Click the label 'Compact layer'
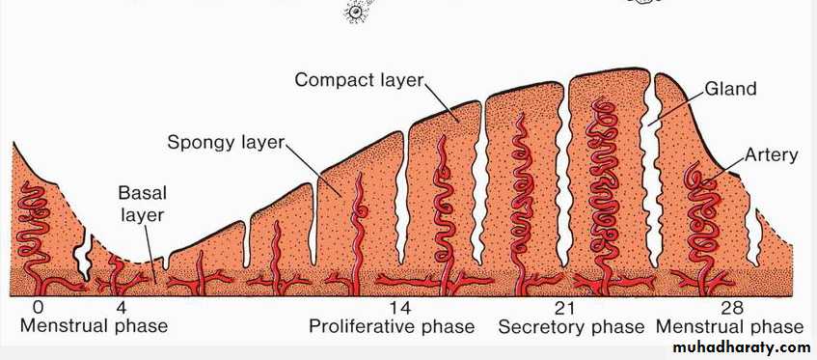[360, 80]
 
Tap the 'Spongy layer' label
[226, 142]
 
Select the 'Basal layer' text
[142, 204]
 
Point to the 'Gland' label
[730, 89]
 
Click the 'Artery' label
[771, 155]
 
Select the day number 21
[565, 309]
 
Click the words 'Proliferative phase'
[392, 326]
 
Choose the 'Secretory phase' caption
[572, 327]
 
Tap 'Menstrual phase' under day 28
[730, 326]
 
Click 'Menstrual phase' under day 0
[94, 326]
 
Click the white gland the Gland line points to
[649, 172]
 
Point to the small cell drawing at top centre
[356, 12]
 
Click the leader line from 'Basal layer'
[150, 254]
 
